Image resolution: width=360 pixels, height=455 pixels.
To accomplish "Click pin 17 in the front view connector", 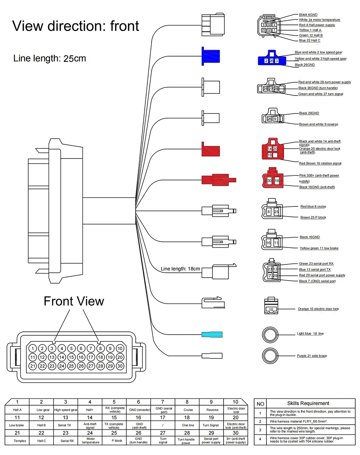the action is pos(91,357).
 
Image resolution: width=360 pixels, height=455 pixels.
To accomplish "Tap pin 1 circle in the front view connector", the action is pos(32,348).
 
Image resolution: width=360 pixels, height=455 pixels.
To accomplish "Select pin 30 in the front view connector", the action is pos(120,366).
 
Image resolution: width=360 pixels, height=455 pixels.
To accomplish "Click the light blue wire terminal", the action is pos(212,334).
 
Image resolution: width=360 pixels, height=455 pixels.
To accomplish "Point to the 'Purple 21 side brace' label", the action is pos(312,356).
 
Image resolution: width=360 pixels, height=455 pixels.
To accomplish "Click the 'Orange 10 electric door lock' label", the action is pos(318,309).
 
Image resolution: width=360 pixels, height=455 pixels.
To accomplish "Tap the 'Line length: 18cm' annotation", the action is pos(180,269).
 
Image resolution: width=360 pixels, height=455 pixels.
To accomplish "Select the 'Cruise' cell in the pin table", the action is pos(188,410).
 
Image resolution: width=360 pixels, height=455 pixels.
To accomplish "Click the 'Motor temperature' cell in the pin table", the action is pos(91,441).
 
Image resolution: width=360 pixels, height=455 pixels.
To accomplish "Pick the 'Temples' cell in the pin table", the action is pos(20,441).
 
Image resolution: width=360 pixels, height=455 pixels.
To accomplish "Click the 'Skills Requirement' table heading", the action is pos(308,403).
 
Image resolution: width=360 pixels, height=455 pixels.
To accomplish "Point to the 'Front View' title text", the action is pos(74,301).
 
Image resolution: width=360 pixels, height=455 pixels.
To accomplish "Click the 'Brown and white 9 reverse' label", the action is pos(318,124).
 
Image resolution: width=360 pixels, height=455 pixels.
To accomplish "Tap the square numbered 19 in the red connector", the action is pos(270,155).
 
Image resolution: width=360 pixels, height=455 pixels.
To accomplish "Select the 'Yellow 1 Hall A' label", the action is pos(310,30).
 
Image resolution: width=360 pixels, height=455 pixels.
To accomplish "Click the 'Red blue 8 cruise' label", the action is pos(313,206).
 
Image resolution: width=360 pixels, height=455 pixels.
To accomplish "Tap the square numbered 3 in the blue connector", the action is pos(276,61).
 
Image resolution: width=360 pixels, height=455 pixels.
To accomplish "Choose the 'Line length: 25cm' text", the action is pos(50,59).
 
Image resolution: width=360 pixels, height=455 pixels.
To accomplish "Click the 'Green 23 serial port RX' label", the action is pos(316,264).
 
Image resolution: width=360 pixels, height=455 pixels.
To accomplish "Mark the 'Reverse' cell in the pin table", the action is pos(212,410).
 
